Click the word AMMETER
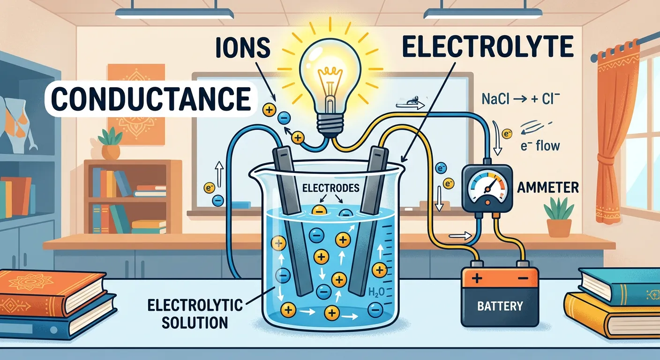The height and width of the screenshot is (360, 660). [x=547, y=188]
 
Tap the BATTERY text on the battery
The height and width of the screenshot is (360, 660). [x=499, y=307]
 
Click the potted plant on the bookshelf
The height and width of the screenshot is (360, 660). [x=110, y=142]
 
